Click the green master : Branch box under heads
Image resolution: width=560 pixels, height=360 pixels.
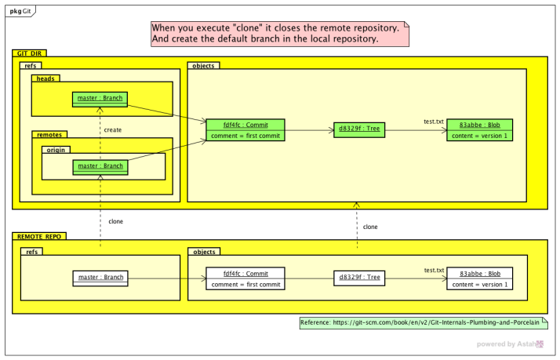coord(99,99)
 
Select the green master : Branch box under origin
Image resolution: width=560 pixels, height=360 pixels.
coord(99,165)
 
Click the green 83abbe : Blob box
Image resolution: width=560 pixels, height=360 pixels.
coord(480,129)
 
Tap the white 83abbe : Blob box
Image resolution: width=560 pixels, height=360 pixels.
coord(480,278)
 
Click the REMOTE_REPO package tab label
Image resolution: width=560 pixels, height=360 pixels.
coord(38,235)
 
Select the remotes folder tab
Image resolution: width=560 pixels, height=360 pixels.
coord(49,134)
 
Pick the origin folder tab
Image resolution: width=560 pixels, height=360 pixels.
coord(55,149)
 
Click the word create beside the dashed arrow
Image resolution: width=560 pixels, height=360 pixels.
coord(113,130)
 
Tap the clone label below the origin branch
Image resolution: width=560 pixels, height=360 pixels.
coord(116,221)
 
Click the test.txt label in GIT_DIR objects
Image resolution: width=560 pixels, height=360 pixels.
coord(434,122)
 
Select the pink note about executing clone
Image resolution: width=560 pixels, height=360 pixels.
coord(281,32)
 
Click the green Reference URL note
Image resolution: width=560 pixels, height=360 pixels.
coord(424,322)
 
